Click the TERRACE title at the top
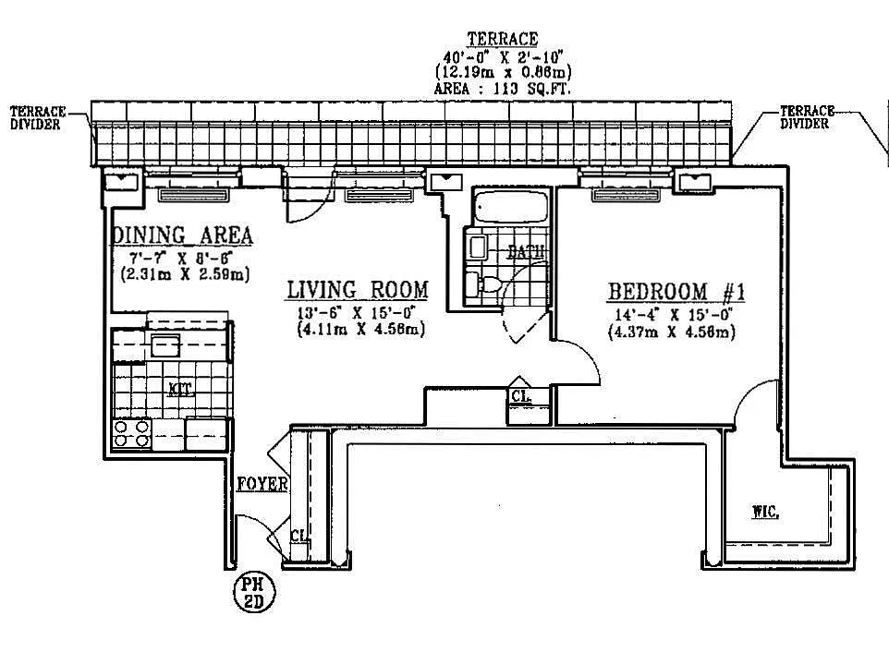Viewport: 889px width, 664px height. [502, 39]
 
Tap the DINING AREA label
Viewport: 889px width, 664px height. [182, 235]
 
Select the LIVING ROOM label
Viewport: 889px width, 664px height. [357, 290]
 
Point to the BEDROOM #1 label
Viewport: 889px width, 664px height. [676, 293]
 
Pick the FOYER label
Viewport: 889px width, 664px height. [262, 484]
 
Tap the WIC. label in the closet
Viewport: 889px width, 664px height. [764, 512]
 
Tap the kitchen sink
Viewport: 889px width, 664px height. [165, 346]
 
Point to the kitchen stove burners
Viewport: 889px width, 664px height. [130, 433]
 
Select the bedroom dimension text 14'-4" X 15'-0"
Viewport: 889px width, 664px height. [671, 315]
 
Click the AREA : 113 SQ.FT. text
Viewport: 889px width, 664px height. [503, 89]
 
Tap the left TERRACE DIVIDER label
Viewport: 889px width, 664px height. [37, 118]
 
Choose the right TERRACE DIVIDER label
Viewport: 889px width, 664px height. [806, 117]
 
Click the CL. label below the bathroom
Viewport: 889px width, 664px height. [519, 397]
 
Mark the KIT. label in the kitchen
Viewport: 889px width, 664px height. [180, 389]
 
